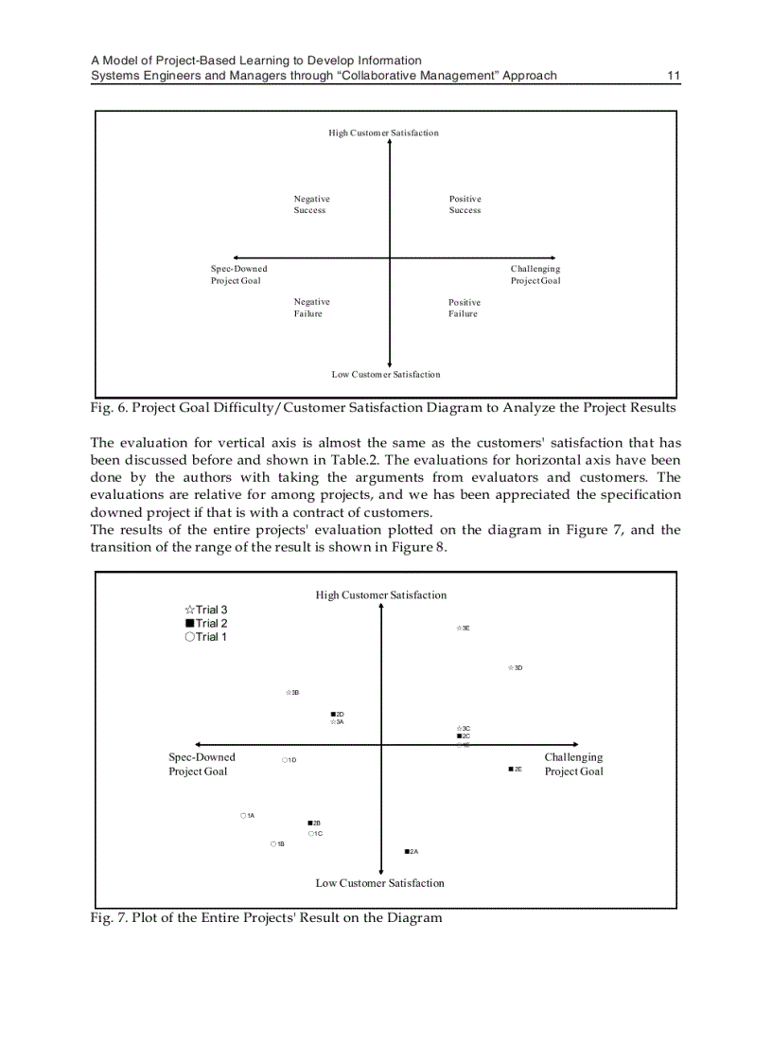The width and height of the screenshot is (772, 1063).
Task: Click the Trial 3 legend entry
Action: pos(206,610)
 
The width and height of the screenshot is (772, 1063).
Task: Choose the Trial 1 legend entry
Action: pos(206,637)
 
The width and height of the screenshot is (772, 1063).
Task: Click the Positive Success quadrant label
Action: pos(465,204)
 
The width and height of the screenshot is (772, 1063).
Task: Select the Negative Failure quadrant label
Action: pos(311,308)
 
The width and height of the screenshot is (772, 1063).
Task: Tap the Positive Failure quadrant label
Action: pos(464,309)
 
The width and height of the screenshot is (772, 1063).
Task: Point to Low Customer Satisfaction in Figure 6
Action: pos(385,375)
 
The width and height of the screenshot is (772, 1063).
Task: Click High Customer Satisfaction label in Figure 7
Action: pos(380,595)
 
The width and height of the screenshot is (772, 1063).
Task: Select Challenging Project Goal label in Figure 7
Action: pos(573,764)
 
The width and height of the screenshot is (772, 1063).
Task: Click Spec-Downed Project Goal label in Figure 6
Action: pos(237,275)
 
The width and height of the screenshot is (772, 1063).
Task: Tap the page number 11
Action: pos(674,76)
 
